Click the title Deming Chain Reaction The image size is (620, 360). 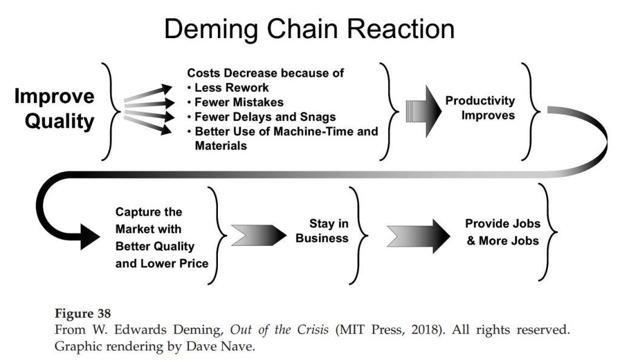(x=309, y=29)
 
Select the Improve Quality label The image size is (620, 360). (x=54, y=109)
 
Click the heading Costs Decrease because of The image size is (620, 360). (x=265, y=73)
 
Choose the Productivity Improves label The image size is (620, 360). (x=480, y=108)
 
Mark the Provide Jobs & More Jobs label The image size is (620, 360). (x=503, y=232)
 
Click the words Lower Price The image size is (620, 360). (x=181, y=263)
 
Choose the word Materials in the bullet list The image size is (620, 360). (x=221, y=146)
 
